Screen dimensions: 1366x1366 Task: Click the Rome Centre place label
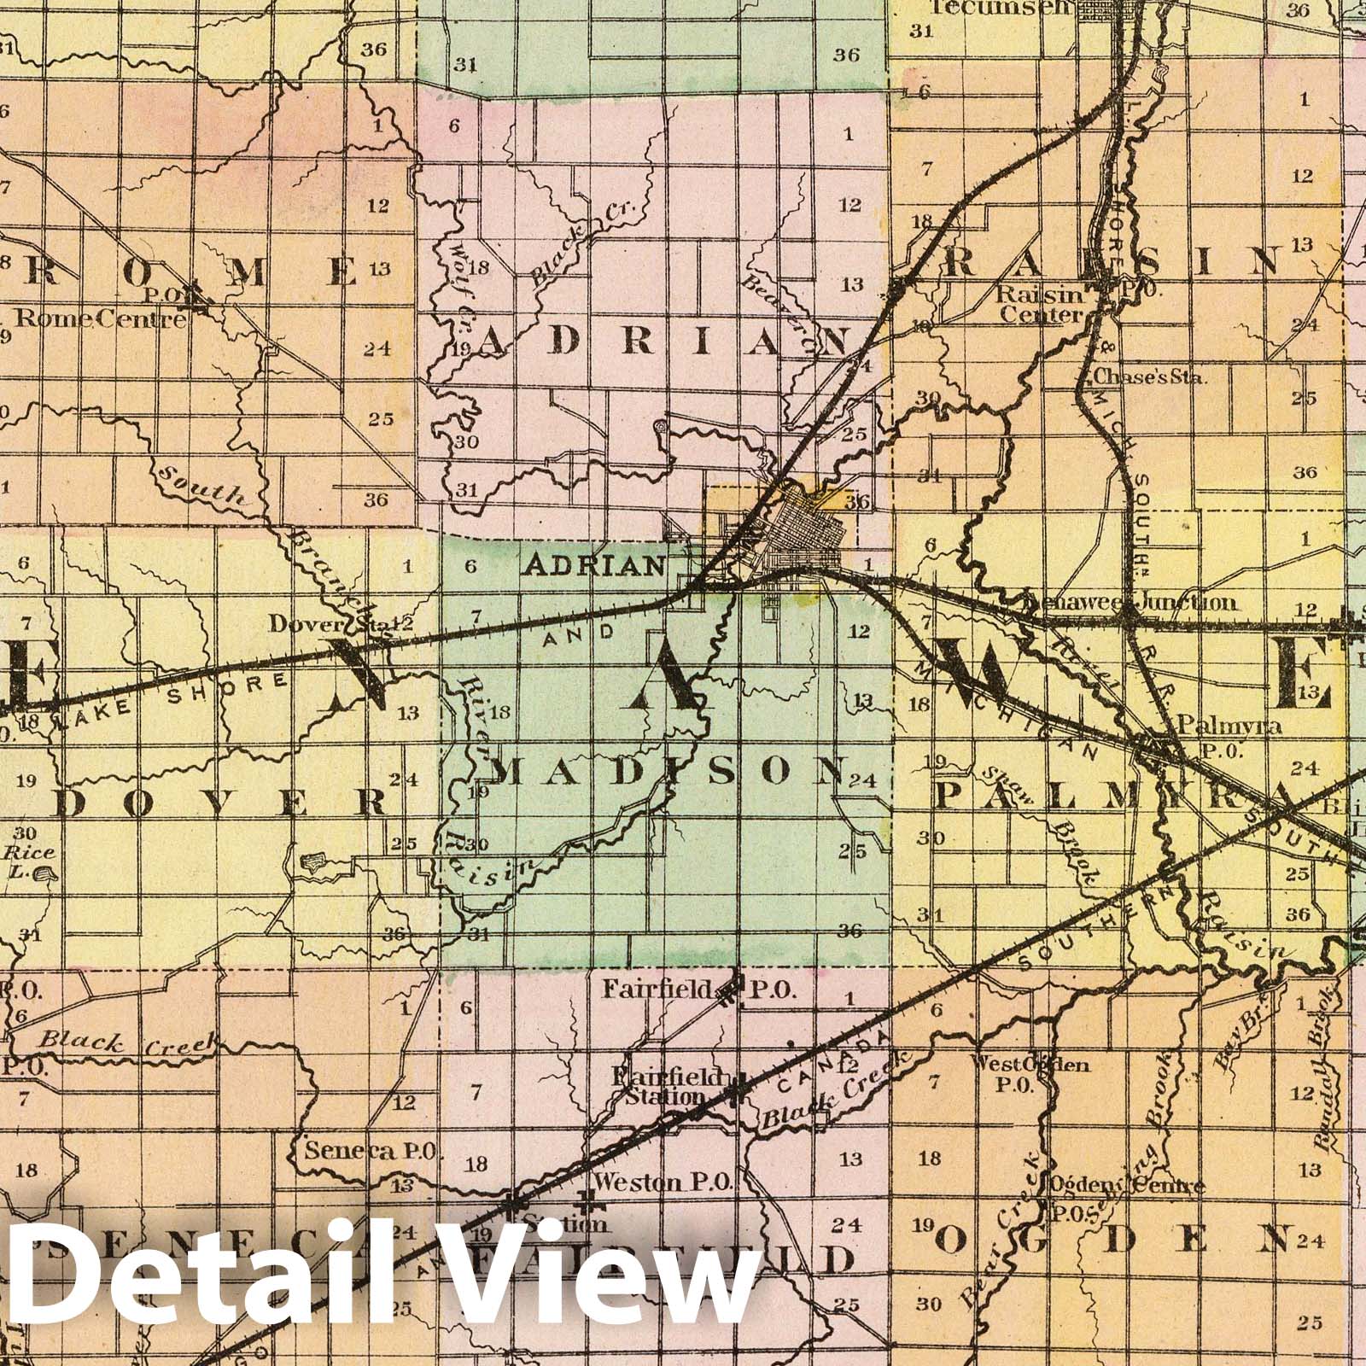click(x=101, y=319)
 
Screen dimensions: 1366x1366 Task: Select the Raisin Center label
click(x=1041, y=305)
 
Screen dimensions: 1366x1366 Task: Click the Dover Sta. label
click(x=328, y=624)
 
